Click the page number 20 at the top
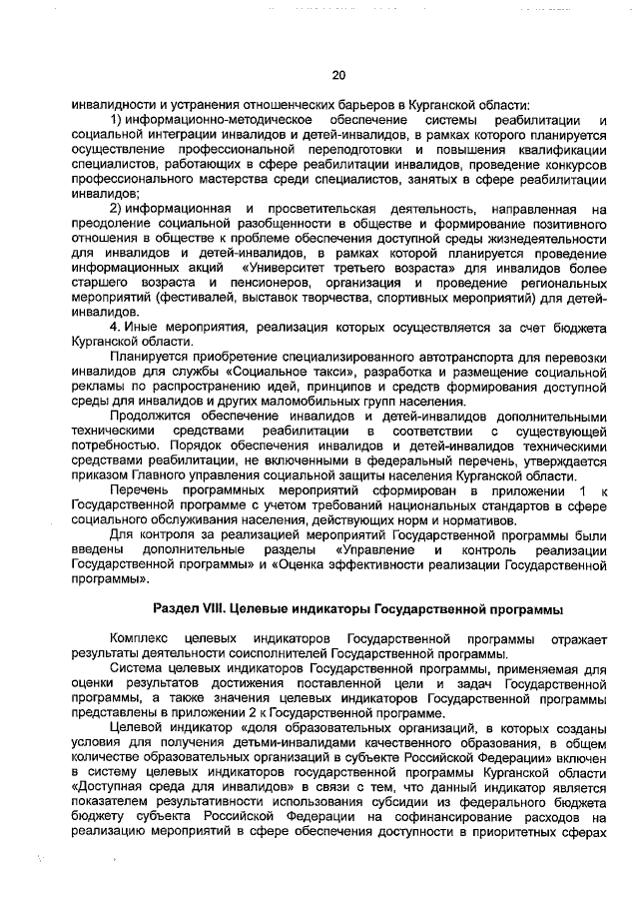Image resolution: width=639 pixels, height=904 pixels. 337,75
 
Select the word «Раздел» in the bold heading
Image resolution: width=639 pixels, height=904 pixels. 178,607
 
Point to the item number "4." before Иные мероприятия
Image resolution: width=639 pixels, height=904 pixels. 116,326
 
